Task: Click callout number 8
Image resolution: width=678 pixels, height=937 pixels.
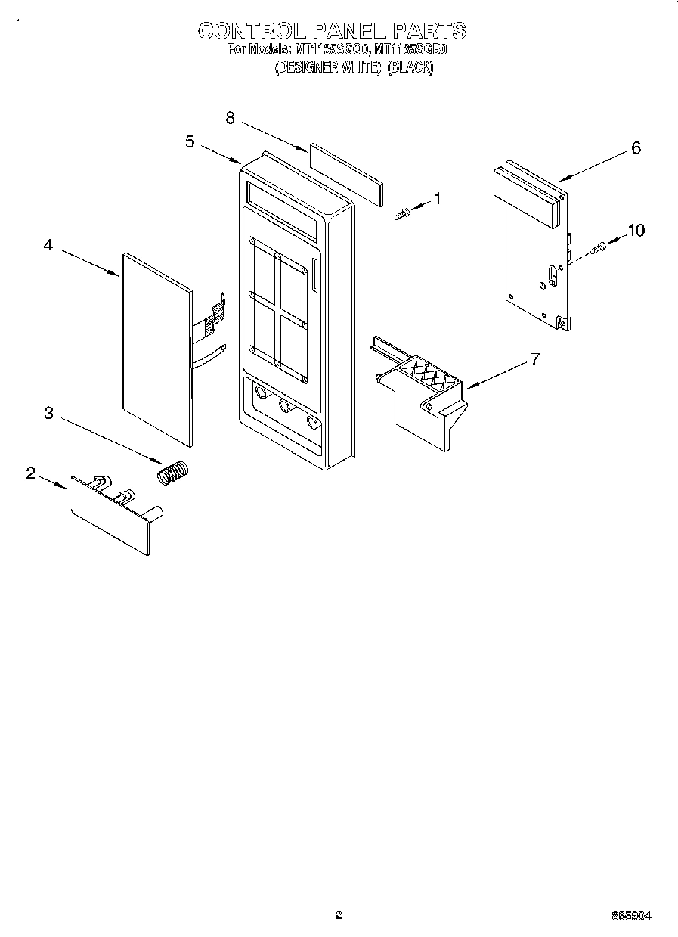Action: click(x=231, y=117)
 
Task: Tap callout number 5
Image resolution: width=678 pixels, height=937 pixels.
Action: click(x=190, y=141)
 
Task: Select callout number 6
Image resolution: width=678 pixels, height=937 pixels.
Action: click(x=636, y=148)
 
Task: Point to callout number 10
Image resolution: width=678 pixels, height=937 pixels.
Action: click(x=636, y=230)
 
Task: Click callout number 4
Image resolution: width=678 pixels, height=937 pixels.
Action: click(x=48, y=245)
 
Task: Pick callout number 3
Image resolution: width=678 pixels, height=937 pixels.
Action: click(x=48, y=412)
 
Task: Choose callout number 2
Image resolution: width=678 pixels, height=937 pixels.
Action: click(x=30, y=473)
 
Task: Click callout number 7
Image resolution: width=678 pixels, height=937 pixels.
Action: click(x=535, y=358)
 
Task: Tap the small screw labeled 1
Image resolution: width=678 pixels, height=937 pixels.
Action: click(x=402, y=214)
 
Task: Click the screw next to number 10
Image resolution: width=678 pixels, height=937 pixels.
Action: click(x=599, y=247)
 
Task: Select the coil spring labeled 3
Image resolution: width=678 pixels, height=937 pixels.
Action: click(x=174, y=473)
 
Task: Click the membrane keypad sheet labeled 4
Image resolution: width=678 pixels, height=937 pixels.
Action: click(x=156, y=348)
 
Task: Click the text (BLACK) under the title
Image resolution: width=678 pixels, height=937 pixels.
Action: click(x=410, y=67)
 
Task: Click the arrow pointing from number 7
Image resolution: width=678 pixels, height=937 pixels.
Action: click(x=499, y=374)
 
